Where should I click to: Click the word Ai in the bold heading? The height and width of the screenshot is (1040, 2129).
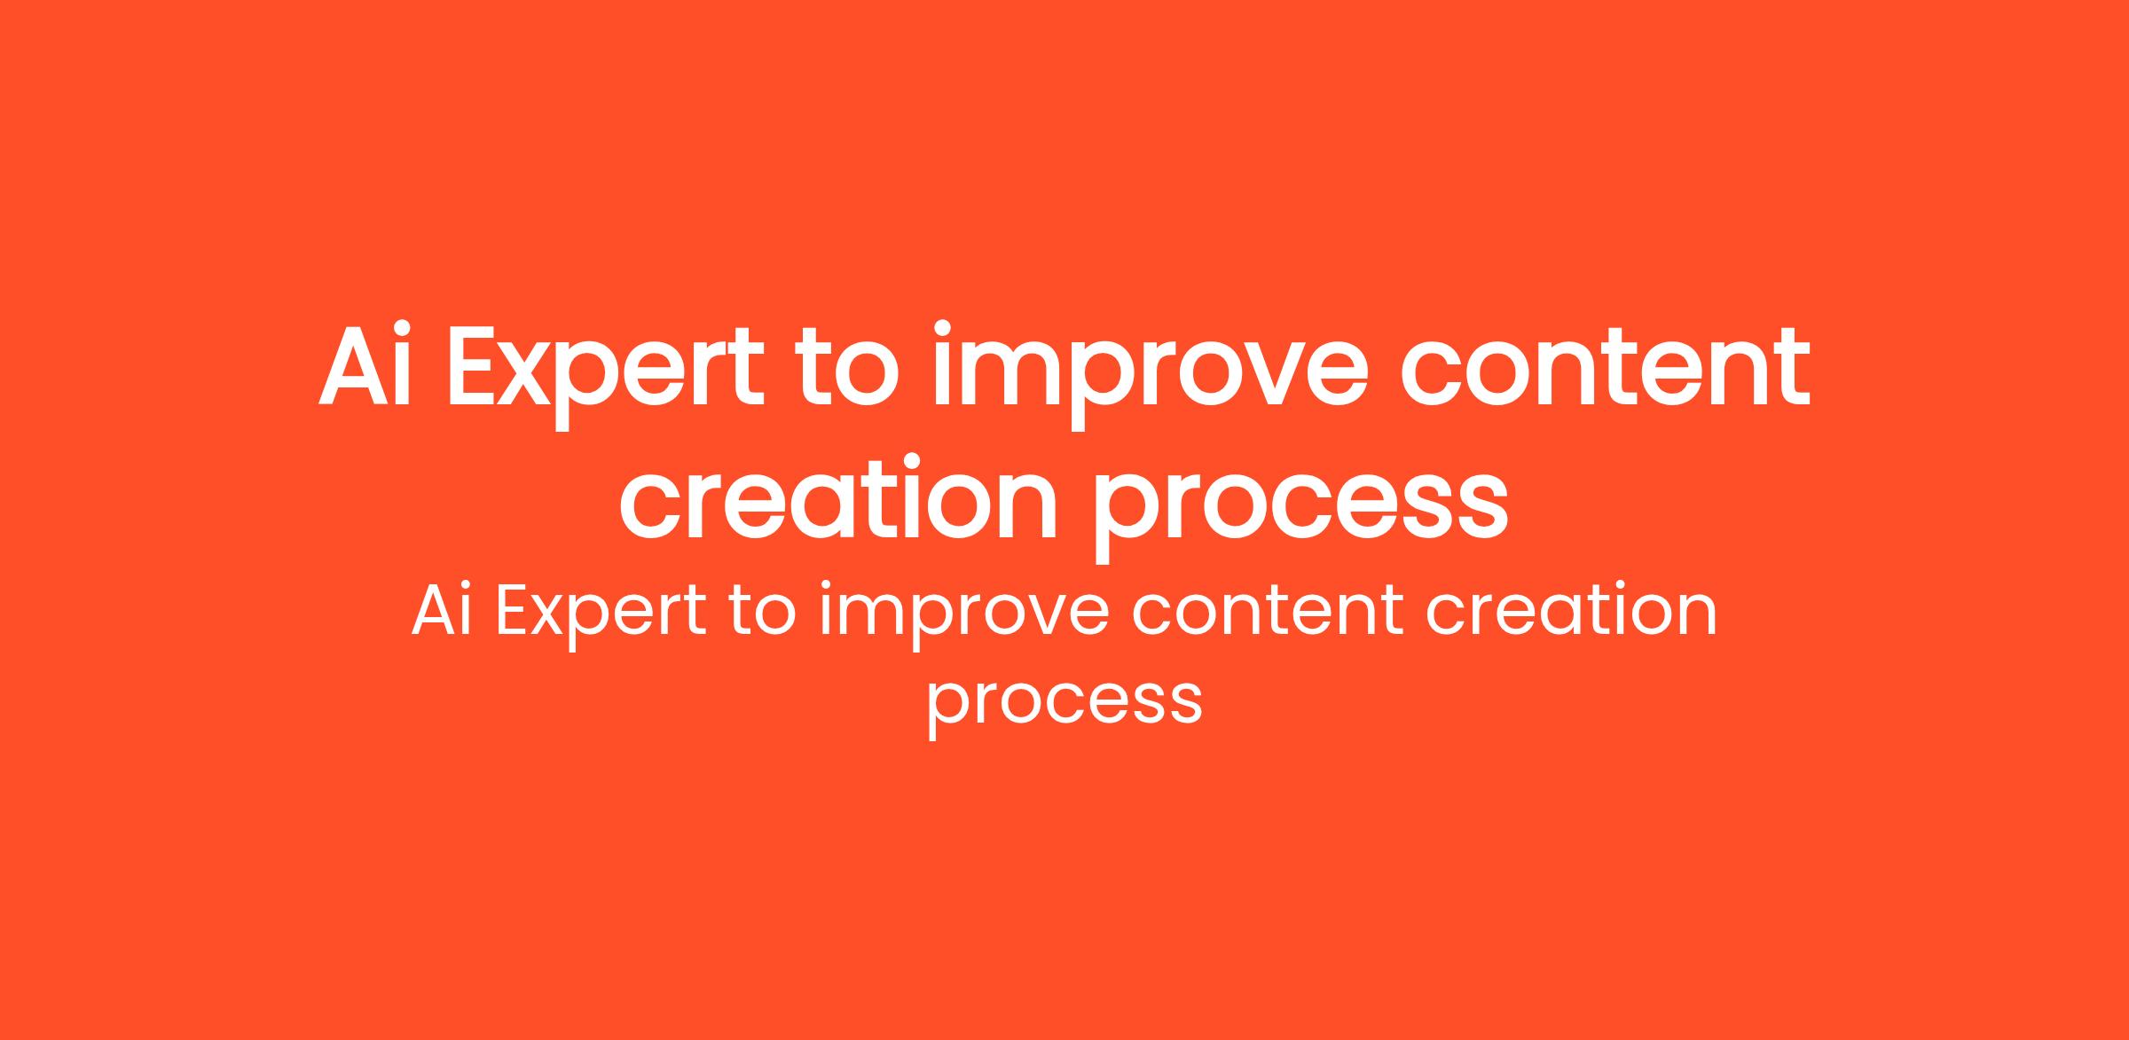[365, 365]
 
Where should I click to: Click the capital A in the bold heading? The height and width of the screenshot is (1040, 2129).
[353, 366]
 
